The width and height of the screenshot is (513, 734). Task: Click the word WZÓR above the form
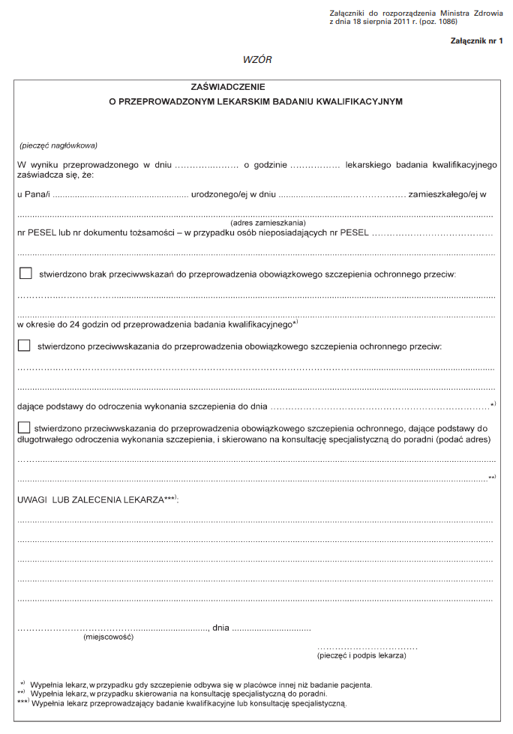pos(257,59)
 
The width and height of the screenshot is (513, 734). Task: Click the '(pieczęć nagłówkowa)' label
pos(58,145)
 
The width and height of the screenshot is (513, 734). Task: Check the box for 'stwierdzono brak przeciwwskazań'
pos(25,274)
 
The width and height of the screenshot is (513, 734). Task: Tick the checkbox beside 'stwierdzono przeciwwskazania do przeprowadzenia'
pos(24,346)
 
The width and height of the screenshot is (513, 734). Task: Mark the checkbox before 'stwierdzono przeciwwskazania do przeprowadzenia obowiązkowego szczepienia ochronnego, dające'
pos(24,427)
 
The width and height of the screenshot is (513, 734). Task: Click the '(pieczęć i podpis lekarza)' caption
pos(361,655)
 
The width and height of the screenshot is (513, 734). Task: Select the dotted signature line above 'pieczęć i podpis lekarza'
pos(367,646)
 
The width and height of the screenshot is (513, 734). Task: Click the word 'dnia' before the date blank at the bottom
pos(220,628)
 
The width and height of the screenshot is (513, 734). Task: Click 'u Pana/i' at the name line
pos(33,195)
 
